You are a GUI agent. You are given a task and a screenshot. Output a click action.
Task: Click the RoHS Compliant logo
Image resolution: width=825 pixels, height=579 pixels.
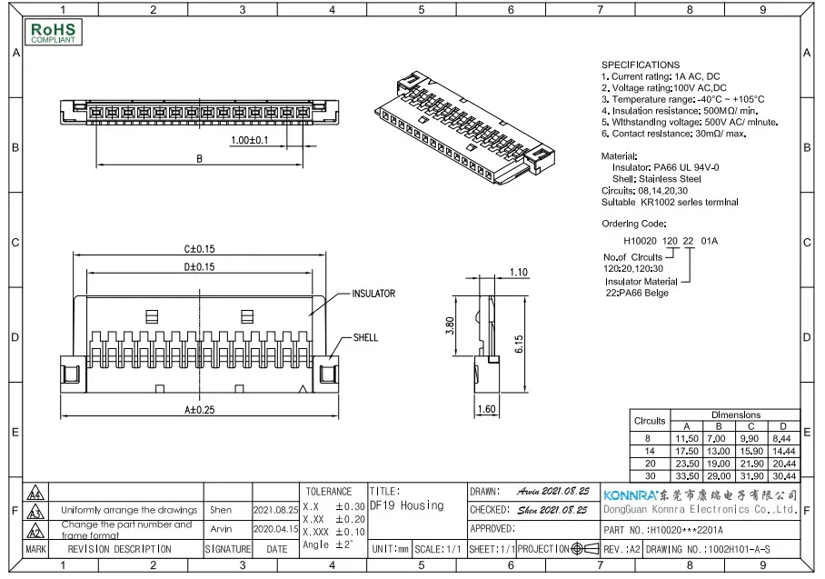[55, 34]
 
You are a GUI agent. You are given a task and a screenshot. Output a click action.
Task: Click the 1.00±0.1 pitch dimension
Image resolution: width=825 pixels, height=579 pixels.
[249, 141]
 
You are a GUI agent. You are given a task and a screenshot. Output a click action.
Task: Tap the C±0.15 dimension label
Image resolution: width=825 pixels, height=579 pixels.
[199, 249]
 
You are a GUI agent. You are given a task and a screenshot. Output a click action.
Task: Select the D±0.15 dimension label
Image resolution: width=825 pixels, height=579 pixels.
[199, 267]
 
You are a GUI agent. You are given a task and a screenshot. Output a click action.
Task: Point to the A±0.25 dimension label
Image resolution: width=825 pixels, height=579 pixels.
[199, 410]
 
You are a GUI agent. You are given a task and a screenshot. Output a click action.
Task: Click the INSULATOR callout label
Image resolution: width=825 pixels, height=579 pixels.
[373, 294]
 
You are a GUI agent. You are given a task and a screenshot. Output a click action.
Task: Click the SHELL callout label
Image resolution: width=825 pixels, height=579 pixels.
[366, 338]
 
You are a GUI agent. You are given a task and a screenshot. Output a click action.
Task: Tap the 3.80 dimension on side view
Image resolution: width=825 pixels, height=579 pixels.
[450, 325]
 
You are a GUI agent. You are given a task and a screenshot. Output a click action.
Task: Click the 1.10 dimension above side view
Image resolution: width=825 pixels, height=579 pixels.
[519, 272]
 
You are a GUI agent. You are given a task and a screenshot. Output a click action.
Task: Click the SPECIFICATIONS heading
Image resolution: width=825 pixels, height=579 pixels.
[640, 65]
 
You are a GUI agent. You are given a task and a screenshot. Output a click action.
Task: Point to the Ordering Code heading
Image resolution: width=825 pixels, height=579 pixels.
[633, 223]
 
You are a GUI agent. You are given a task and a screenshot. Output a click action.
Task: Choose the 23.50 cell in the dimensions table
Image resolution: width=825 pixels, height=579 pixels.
[686, 463]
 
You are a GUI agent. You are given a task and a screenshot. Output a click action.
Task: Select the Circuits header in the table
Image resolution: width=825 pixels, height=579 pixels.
[649, 421]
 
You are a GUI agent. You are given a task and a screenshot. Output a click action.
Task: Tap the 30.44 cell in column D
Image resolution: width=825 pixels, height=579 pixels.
[782, 475]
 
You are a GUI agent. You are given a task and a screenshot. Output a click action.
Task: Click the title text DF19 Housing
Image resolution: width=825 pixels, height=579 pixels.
[407, 505]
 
